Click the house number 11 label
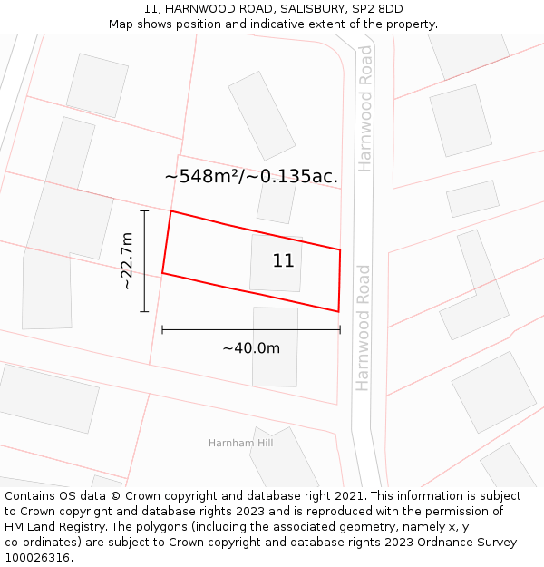coord(283,261)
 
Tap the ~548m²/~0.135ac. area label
coord(251,176)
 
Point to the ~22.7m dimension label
coord(127,261)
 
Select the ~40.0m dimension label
coord(251,347)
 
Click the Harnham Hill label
coord(240,443)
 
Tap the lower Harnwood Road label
coord(364,327)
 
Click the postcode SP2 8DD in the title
coord(378,9)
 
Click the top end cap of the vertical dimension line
coord(144,210)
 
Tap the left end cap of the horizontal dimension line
coord(162,329)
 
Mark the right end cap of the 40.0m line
coord(340,329)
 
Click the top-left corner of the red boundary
coord(170,211)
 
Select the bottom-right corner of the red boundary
coord(338,311)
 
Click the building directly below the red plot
coord(275,346)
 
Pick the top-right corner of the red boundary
coord(340,249)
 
